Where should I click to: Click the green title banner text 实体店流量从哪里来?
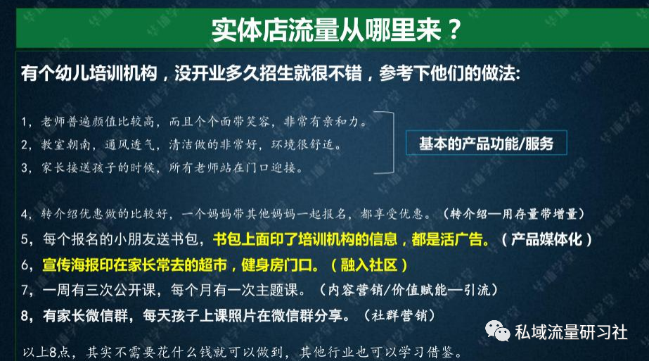tap(326, 30)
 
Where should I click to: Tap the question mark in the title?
tap(454, 30)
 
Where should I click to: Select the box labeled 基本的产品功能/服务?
tap(487, 143)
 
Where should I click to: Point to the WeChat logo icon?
tap(498, 331)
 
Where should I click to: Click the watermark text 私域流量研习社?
tap(571, 332)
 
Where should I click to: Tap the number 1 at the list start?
tap(24, 122)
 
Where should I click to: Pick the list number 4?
tap(25, 214)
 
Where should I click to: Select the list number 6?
tap(25, 265)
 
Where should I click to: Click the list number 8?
tap(25, 316)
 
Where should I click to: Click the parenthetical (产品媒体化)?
tap(546, 239)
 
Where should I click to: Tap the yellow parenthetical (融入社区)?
tap(368, 265)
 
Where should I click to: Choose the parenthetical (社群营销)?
tap(399, 316)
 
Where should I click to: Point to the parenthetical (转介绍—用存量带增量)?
tap(514, 214)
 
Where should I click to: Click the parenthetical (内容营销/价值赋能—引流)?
tap(409, 290)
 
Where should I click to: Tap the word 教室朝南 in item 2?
tap(65, 145)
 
